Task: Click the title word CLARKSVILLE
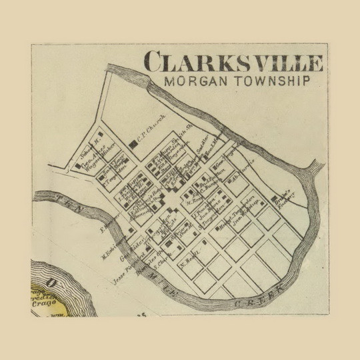click(x=233, y=62)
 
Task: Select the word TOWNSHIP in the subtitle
click(x=273, y=81)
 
